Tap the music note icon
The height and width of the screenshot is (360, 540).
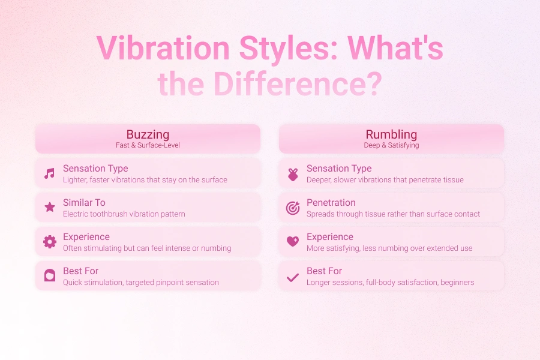(x=50, y=173)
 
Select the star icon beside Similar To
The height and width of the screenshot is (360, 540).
(x=50, y=207)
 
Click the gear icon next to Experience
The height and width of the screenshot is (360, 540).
(x=50, y=242)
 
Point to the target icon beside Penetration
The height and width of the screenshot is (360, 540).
(x=293, y=208)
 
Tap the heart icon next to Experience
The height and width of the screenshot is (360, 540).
(x=293, y=241)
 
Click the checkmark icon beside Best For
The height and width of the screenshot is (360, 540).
(x=293, y=277)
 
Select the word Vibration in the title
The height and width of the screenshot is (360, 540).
(x=163, y=48)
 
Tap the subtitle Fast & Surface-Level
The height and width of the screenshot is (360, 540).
(x=148, y=145)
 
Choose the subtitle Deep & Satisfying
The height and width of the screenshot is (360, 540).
(x=391, y=145)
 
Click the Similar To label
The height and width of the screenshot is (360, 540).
(x=84, y=203)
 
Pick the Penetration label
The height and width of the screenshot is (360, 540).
(x=331, y=203)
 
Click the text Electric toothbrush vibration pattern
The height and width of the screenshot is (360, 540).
(x=124, y=214)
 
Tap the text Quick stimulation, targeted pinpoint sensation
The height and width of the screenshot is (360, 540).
(x=141, y=283)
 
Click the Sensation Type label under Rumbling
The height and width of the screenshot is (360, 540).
(x=339, y=169)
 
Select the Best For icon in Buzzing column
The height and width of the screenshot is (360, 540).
(x=50, y=275)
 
